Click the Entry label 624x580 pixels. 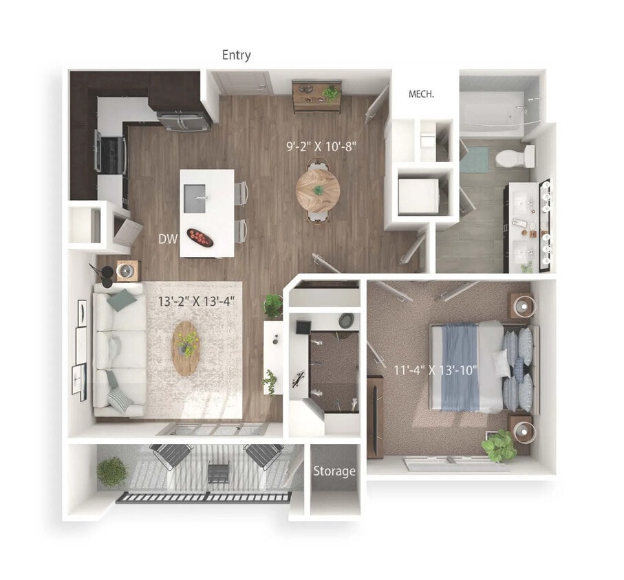coord(236,55)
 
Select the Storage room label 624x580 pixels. coord(335,471)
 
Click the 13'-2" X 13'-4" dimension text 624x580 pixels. coord(196,300)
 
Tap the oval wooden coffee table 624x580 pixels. coord(186,348)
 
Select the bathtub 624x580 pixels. coord(493,111)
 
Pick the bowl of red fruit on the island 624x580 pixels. coord(200,238)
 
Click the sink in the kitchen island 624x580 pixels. coord(200,198)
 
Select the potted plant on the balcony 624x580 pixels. coord(111,472)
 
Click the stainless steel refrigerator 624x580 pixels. coord(184,120)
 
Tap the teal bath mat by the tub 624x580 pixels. coord(473,160)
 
